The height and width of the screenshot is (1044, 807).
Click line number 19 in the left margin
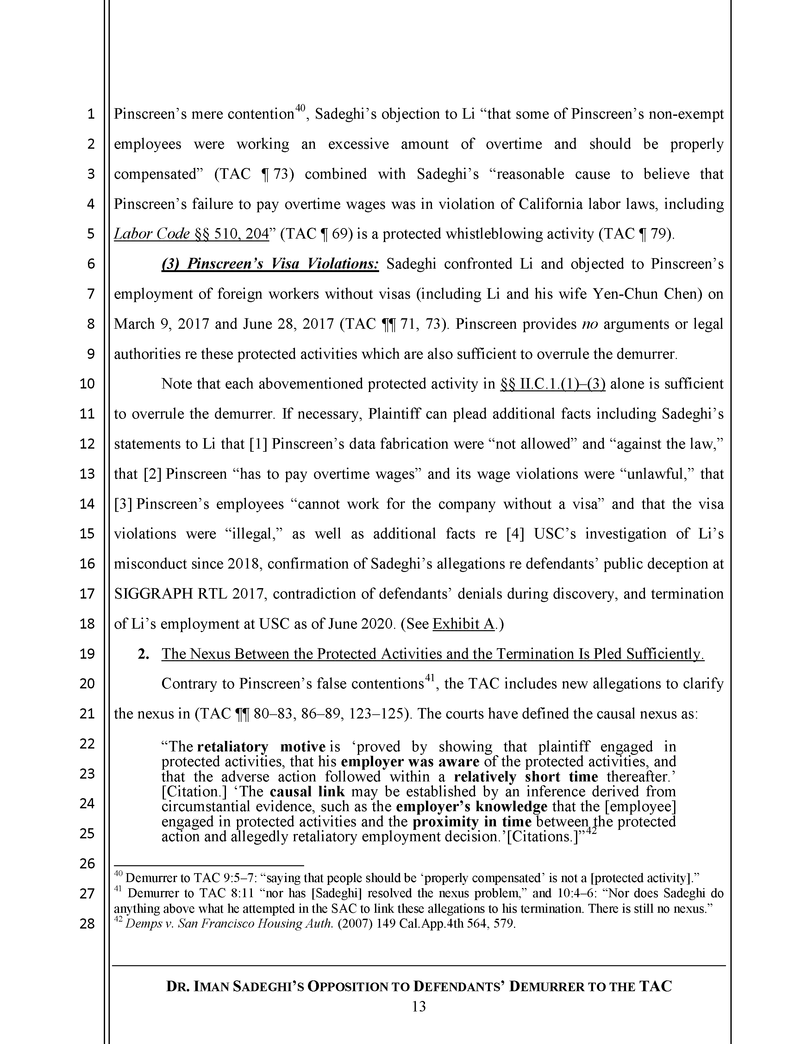[x=87, y=654]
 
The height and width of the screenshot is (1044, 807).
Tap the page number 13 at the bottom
[x=418, y=1006]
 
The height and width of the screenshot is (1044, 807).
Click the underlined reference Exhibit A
[x=463, y=624]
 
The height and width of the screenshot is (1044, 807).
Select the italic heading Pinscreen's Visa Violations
[x=270, y=264]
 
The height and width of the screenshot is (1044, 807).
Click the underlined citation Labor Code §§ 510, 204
[x=191, y=234]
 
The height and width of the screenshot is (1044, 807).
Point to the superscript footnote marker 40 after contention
[x=300, y=109]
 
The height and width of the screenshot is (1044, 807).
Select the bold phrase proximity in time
[x=472, y=822]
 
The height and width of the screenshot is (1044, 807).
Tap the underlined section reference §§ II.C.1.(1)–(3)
[x=553, y=384]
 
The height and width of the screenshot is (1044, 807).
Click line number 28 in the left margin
[x=87, y=923]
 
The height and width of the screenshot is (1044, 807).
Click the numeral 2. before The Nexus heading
[x=142, y=654]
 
